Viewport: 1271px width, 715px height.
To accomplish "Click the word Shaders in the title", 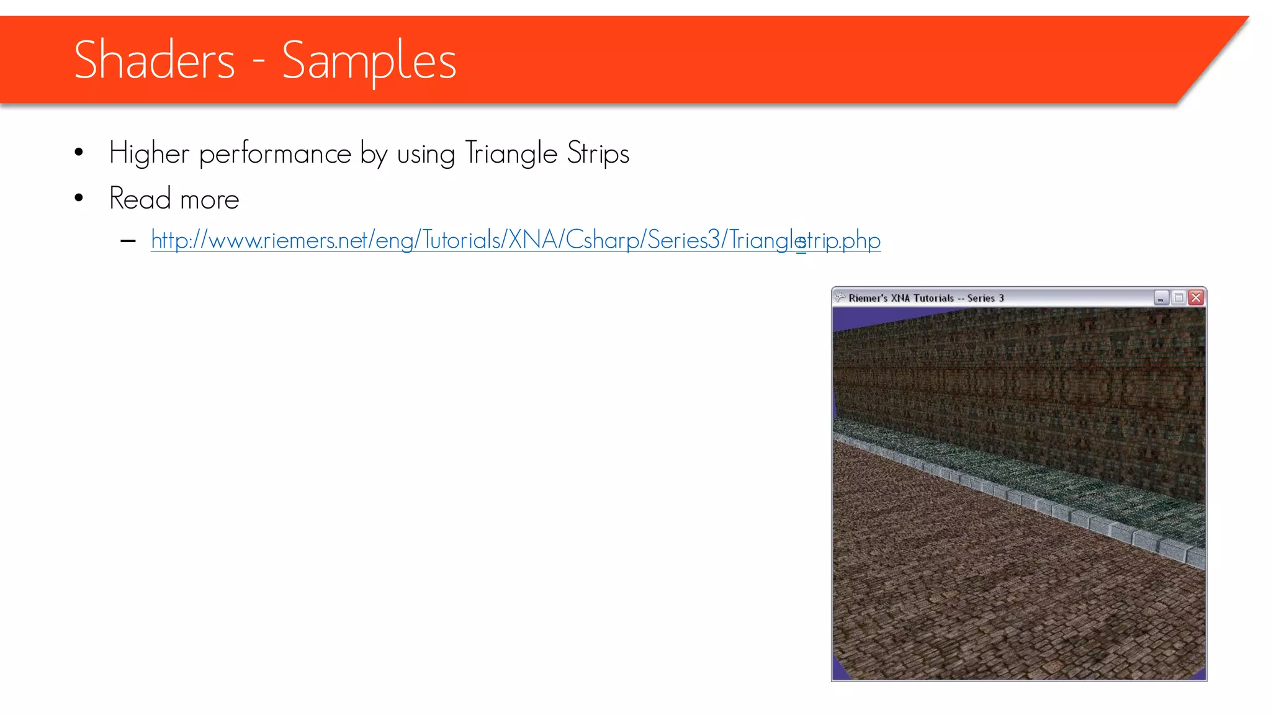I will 155,60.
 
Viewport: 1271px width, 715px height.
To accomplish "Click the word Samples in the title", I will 369,61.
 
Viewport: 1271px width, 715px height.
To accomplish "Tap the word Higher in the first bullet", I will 149,153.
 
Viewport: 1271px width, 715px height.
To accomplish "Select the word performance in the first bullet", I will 275,153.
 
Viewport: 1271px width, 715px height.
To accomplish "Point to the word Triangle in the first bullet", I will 511,153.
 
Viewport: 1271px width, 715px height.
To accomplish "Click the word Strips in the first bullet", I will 598,153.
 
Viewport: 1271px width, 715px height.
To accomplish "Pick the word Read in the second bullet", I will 140,199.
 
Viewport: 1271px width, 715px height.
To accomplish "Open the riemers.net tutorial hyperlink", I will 515,240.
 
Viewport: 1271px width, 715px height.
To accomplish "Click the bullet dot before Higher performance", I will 79,153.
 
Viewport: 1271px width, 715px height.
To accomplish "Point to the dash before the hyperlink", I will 128,241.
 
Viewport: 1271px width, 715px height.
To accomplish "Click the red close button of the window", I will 1196,298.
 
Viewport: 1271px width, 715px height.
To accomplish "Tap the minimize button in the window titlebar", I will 1161,298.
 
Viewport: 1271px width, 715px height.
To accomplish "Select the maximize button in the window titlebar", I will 1179,298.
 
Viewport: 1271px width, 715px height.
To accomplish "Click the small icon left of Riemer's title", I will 840,297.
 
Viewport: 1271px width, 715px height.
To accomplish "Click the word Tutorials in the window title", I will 933,298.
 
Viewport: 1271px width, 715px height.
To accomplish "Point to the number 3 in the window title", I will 1001,298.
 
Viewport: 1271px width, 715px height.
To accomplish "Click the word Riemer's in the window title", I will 868,298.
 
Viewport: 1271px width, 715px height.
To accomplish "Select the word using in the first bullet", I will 426,154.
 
